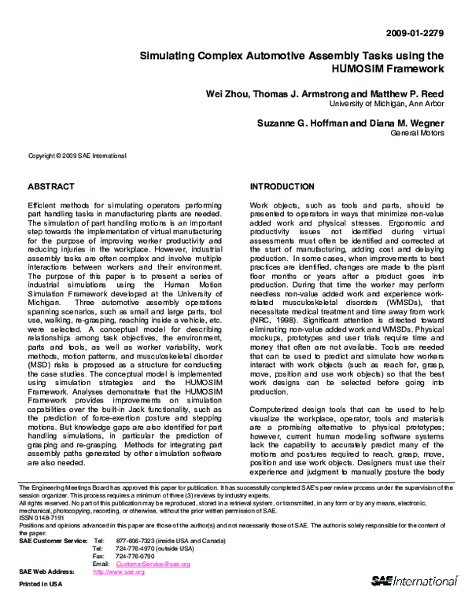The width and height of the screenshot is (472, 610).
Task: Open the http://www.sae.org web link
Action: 120,573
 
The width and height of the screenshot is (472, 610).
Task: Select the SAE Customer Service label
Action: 52,542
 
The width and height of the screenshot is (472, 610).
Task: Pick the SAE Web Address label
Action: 47,573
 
